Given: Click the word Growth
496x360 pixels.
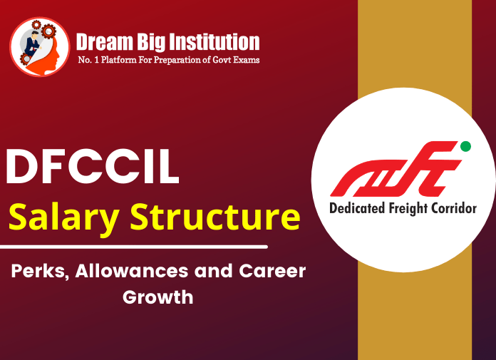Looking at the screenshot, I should tap(157, 297).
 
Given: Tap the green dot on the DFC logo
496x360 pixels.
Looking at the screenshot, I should tap(465, 146).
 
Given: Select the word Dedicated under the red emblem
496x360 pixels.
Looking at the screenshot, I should tap(356, 209).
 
